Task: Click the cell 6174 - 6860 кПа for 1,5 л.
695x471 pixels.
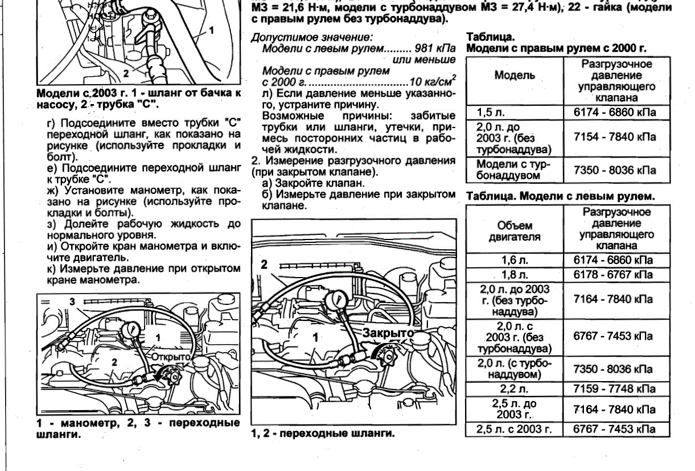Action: pos(614,111)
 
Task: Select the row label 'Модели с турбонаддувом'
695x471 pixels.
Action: pos(513,170)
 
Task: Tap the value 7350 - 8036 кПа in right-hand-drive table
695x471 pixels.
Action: pos(614,170)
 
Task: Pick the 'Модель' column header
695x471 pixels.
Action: pos(514,76)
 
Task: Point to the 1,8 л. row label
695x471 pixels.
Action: pos(514,275)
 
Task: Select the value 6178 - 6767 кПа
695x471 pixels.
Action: pos(614,275)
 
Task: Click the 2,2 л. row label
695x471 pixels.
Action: pos(514,390)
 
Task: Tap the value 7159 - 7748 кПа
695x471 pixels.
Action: pos(614,390)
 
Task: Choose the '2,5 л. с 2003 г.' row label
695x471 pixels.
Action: pos(514,429)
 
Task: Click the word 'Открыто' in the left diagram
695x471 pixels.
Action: pos(170,356)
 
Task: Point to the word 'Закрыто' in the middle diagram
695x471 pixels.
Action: pos(386,333)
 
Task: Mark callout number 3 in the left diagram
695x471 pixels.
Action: pos(72,303)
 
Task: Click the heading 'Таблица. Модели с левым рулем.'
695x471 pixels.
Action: pos(560,196)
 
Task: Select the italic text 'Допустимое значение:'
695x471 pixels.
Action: pos(312,37)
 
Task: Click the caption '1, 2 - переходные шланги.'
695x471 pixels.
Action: pos(323,433)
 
